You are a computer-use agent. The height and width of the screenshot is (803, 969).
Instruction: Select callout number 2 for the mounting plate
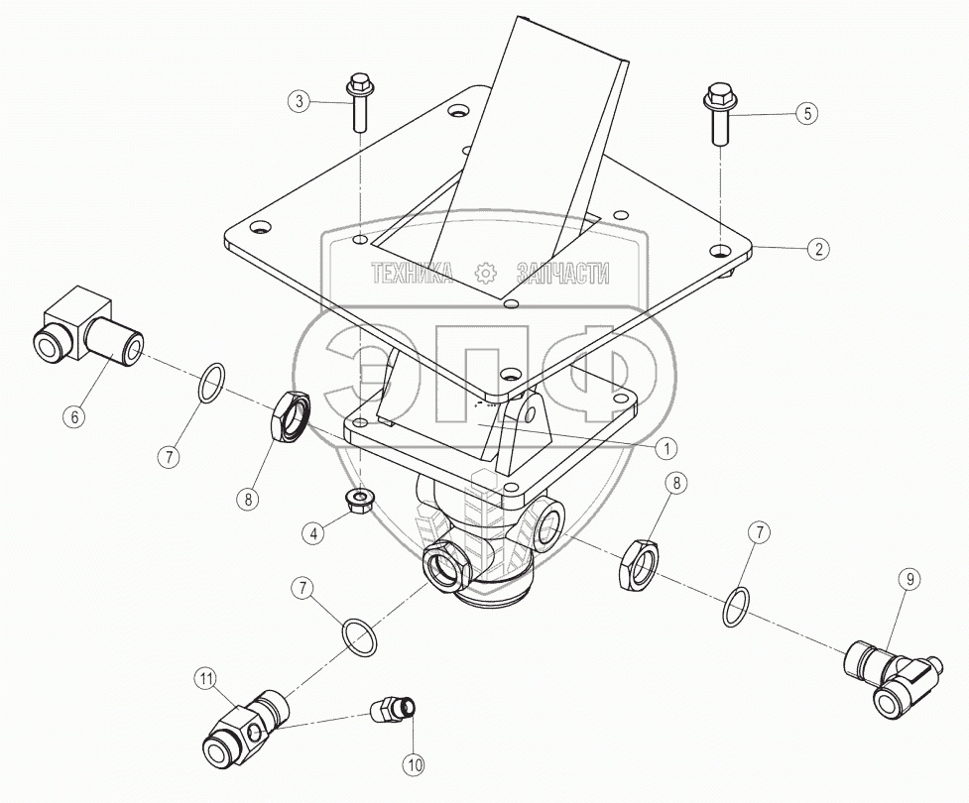[x=817, y=249]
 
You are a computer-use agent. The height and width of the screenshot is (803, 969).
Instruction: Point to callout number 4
[x=314, y=532]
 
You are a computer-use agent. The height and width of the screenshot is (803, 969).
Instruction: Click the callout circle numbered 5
[x=807, y=113]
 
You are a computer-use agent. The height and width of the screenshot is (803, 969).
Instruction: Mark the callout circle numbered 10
[x=413, y=763]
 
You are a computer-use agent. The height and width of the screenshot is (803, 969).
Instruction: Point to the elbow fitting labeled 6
[x=84, y=329]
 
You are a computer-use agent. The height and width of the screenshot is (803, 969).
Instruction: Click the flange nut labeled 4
[x=360, y=501]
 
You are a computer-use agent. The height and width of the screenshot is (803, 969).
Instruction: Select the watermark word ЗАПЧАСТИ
[x=561, y=274]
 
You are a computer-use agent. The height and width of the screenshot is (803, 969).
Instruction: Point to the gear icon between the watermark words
[x=485, y=273]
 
